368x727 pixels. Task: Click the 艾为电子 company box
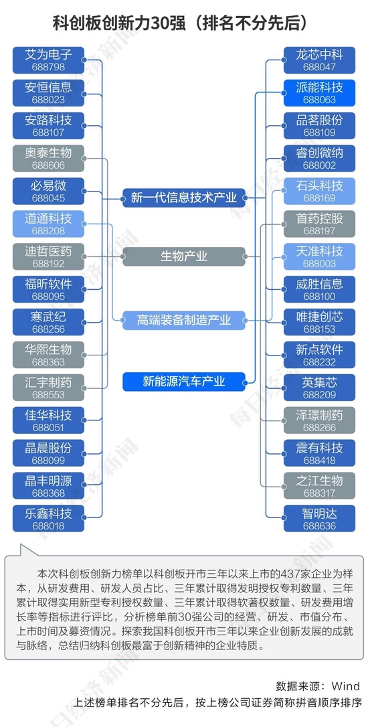click(x=48, y=60)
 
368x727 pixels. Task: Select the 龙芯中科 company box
click(x=319, y=60)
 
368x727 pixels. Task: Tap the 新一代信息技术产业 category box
click(x=184, y=198)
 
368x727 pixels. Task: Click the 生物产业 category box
click(x=184, y=256)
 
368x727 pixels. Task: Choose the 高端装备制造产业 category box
click(x=184, y=321)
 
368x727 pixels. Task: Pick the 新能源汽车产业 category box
click(x=184, y=382)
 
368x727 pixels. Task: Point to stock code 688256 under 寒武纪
click(x=48, y=329)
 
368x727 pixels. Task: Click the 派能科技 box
click(x=319, y=93)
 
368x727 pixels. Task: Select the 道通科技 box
click(x=48, y=224)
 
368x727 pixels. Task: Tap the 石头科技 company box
click(x=319, y=191)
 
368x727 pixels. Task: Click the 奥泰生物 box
click(x=48, y=159)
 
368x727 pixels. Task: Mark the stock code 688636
click(x=319, y=526)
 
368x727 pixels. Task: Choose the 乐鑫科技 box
click(x=48, y=519)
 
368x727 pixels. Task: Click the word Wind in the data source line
click(x=346, y=685)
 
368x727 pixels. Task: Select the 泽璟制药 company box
click(x=319, y=420)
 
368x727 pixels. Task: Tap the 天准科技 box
click(x=319, y=257)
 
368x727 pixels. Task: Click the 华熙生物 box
click(x=48, y=355)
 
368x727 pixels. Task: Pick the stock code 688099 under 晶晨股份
click(x=48, y=461)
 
